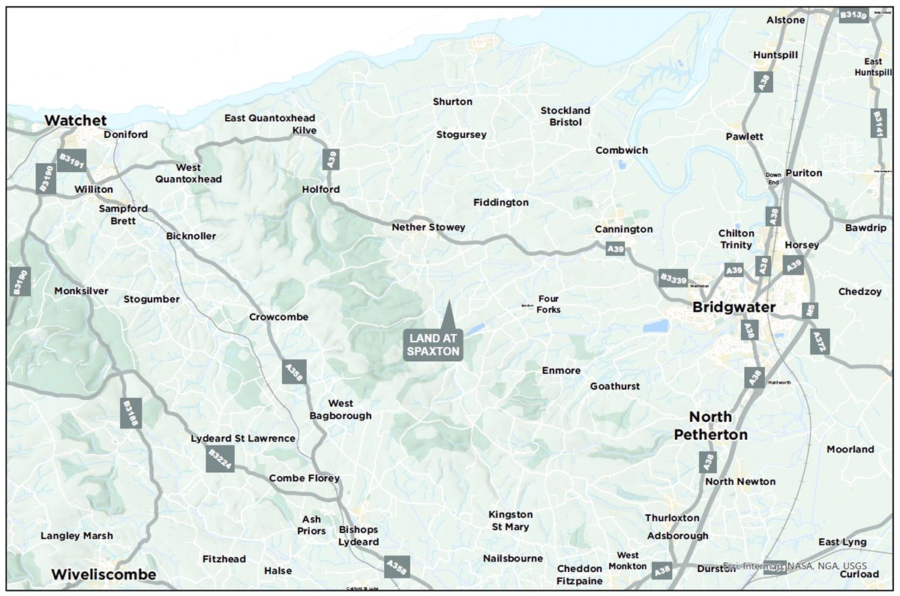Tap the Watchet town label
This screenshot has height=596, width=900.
point(75,120)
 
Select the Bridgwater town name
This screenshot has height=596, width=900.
point(733,308)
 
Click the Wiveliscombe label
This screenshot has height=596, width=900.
point(103,574)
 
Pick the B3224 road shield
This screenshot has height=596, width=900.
point(220,459)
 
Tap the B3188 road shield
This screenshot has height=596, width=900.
point(130,414)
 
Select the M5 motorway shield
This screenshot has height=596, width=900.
point(808,309)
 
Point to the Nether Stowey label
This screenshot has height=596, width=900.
point(428,227)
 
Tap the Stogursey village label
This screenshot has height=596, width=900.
point(461,135)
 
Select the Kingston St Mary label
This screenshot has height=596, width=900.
point(510,520)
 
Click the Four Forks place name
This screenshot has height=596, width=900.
point(548,304)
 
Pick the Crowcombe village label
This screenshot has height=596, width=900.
point(278,317)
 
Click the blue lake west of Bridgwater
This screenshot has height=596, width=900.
point(656,326)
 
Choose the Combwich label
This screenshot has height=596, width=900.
point(621,150)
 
